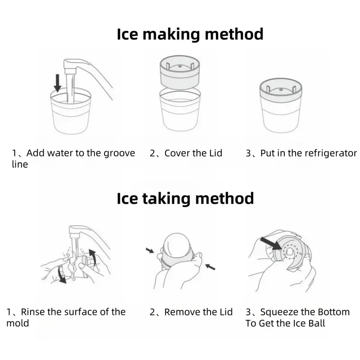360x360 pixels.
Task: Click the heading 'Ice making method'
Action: pos(190,35)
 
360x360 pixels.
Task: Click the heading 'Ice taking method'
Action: pos(185,198)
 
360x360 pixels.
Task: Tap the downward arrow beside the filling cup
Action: pos(58,83)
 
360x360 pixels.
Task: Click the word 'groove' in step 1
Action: pos(119,153)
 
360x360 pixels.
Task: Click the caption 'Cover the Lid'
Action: pos(193,153)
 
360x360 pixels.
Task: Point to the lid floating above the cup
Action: pos(180,72)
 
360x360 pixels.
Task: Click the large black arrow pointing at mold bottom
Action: pos(271,243)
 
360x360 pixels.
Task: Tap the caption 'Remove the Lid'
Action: pos(198,312)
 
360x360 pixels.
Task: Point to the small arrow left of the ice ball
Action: pos(150,250)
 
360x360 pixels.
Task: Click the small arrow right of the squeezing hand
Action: pos(210,267)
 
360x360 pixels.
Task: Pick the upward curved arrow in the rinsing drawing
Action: pos(92,256)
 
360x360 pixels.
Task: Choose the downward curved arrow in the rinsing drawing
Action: pos(62,274)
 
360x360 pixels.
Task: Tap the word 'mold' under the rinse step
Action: pos(18,323)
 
